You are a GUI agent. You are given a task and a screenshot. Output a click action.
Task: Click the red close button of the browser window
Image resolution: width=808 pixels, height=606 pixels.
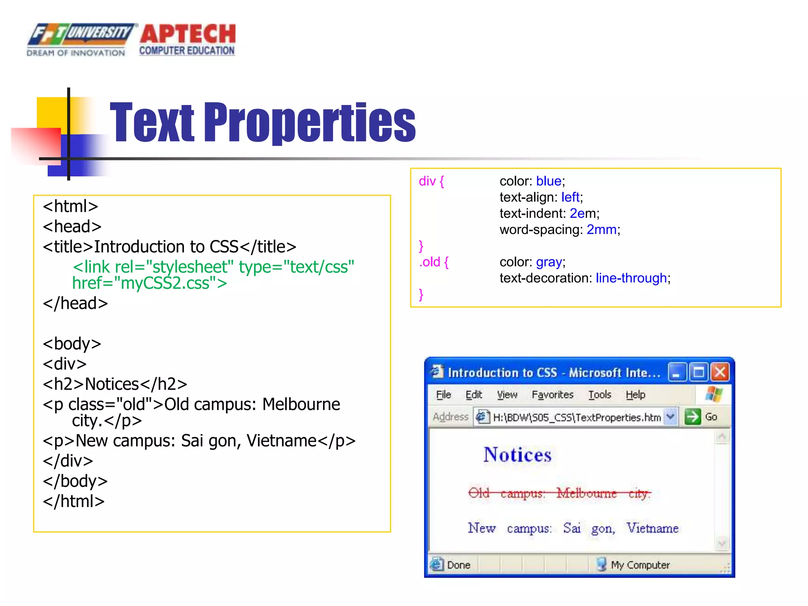coord(720,372)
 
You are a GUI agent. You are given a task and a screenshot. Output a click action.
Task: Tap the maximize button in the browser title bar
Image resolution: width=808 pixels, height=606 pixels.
coord(698,372)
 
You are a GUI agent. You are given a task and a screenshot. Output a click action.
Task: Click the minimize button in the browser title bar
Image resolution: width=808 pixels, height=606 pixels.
coord(677,372)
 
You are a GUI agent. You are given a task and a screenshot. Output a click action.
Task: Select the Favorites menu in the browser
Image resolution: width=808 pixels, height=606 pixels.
coord(552,395)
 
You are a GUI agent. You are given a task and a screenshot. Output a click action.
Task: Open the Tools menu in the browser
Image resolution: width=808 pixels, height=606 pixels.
coord(600,395)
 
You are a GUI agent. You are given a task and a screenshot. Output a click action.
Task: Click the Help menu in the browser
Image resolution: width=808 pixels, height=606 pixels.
coord(635,395)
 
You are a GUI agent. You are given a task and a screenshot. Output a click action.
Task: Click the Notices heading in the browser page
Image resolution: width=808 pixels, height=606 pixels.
coord(517,454)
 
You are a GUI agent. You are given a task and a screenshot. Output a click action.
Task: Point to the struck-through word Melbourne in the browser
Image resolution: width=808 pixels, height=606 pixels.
coord(586,493)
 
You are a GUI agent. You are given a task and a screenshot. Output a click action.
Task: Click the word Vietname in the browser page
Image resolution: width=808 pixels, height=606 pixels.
coord(653,528)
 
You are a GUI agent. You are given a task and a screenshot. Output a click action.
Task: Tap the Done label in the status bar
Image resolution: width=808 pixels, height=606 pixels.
coord(458,565)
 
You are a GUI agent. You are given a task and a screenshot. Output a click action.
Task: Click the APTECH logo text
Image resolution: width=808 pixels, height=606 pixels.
coord(187,35)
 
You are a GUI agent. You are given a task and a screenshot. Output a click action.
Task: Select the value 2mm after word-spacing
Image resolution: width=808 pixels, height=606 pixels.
coord(602,230)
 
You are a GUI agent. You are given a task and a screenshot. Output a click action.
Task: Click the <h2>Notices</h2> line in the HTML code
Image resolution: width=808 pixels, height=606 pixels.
coord(115,384)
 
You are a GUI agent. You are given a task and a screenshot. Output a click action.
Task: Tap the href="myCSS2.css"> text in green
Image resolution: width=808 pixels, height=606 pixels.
coord(150,283)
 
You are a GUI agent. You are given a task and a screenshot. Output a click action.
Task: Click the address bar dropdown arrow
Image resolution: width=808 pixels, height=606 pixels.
coord(670,417)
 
